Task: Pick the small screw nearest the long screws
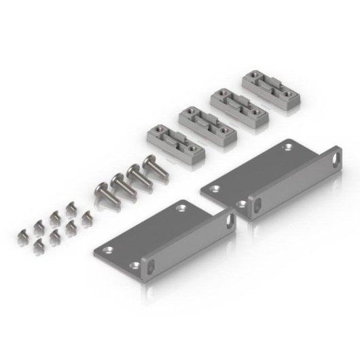click(x=86, y=218)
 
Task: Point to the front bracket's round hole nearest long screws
click(x=181, y=209)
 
